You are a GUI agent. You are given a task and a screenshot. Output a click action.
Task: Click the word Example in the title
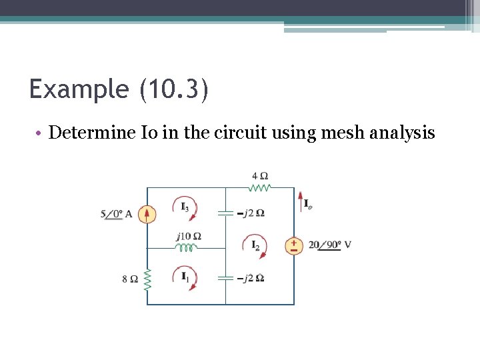[78, 89]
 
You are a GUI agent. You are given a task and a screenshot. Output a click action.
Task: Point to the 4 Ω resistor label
[260, 176]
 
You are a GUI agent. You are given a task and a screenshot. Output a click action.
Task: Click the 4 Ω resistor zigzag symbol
[260, 188]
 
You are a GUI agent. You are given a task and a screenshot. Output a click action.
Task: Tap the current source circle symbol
[147, 214]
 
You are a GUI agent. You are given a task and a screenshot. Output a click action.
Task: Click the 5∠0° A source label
[117, 214]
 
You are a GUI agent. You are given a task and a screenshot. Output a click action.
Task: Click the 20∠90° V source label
[329, 245]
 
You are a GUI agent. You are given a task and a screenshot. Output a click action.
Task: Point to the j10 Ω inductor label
[189, 236]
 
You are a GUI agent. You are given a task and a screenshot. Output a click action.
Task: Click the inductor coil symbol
[187, 247]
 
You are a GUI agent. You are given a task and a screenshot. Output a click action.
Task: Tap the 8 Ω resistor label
[130, 279]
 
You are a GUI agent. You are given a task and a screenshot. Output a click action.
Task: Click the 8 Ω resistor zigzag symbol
[147, 279]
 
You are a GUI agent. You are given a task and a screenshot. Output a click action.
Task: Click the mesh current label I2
[256, 245]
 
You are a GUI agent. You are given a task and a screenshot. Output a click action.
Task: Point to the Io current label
[307, 205]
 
